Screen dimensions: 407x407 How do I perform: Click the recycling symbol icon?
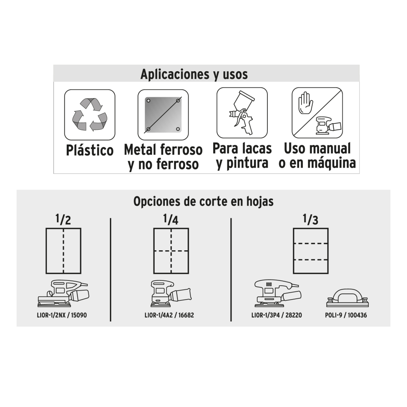click(90, 114)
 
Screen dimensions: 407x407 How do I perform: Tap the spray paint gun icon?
click(242, 112)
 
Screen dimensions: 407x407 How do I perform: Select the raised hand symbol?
click(306, 103)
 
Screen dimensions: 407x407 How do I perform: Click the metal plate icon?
click(163, 115)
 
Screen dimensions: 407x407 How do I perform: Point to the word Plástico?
click(90, 151)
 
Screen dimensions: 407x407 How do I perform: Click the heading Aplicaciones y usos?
click(194, 74)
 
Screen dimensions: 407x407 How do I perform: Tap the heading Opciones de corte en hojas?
click(203, 201)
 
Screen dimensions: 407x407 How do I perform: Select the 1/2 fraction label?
click(63, 219)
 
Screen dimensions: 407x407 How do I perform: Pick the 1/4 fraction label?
click(171, 219)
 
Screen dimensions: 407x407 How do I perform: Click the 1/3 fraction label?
click(311, 219)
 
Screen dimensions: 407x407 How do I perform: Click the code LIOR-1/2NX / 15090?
click(62, 315)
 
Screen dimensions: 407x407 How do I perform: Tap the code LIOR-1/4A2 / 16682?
click(169, 315)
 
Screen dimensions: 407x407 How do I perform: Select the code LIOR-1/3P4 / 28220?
click(277, 315)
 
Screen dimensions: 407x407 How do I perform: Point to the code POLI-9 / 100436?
click(346, 315)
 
